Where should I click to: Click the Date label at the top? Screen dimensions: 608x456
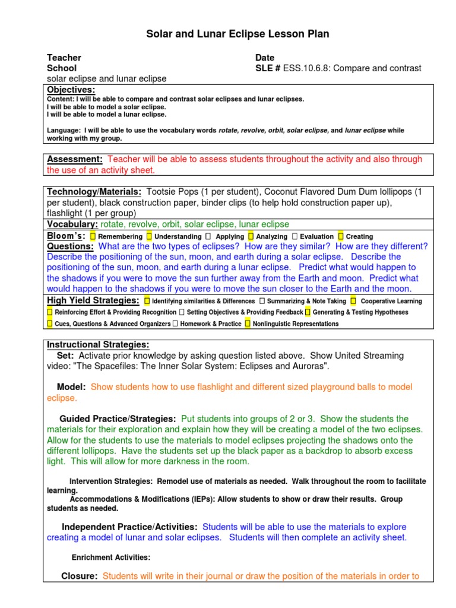click(x=265, y=58)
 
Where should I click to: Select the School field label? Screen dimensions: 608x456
click(x=62, y=68)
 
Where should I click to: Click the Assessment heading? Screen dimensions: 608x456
click(x=75, y=159)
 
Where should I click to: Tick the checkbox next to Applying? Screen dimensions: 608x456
click(x=209, y=236)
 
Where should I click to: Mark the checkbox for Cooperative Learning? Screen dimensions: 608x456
click(x=353, y=301)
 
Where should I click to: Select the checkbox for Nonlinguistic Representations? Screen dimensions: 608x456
click(x=247, y=324)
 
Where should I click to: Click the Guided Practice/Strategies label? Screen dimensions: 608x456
click(x=118, y=419)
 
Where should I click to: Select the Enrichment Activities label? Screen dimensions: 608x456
click(x=111, y=558)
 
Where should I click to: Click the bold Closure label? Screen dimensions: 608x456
click(x=79, y=576)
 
